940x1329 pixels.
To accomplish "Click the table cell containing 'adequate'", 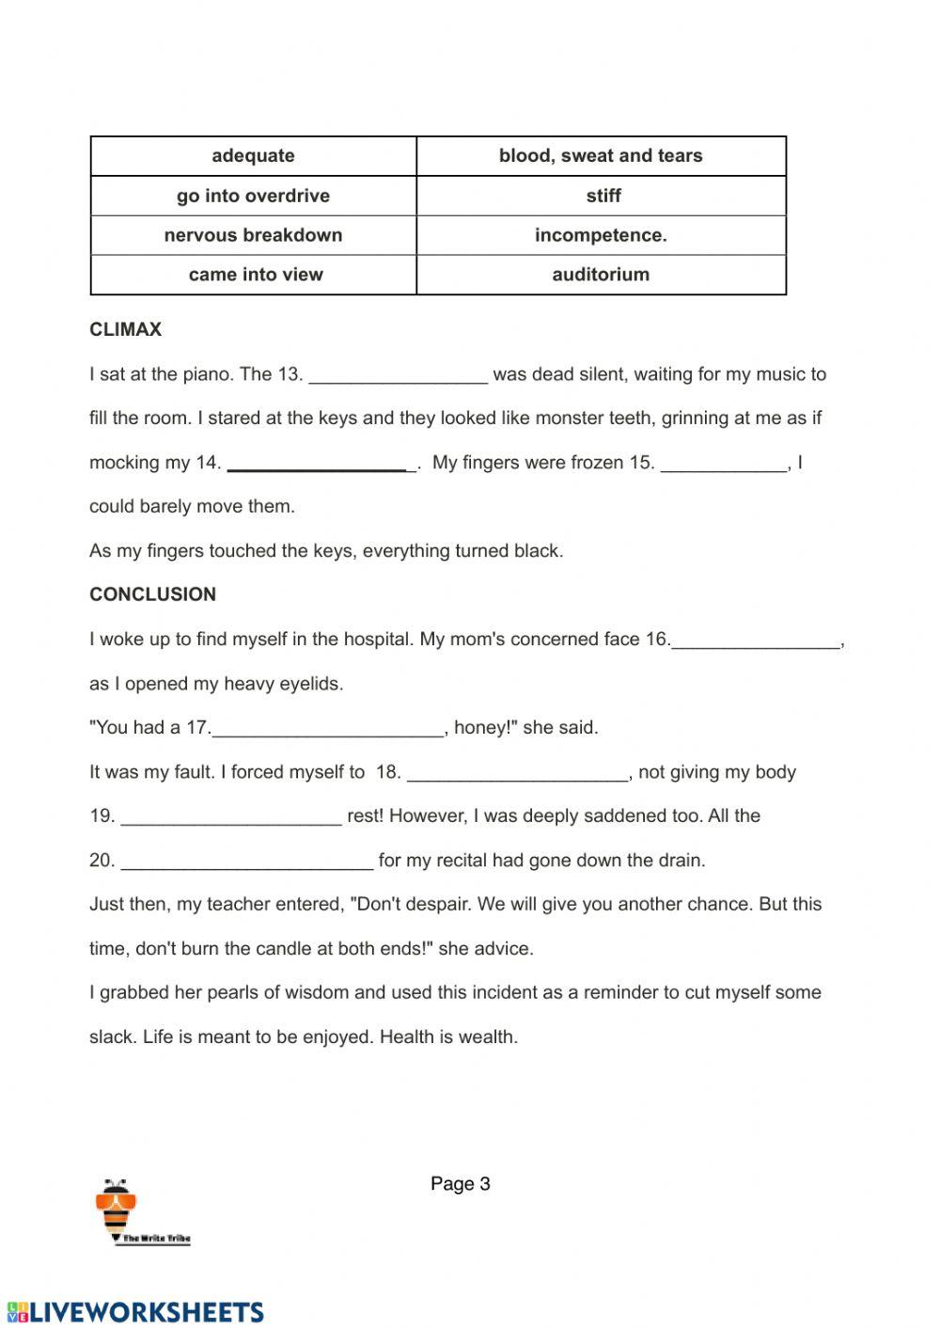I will [x=253, y=156].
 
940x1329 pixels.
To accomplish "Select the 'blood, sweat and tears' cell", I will [x=601, y=156].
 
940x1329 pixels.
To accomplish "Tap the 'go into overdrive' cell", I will [x=253, y=196].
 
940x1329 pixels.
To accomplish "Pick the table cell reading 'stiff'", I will [x=601, y=196].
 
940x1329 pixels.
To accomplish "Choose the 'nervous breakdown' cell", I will [x=253, y=235].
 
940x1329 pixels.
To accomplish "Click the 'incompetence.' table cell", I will [x=601, y=235].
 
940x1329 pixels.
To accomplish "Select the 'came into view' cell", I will [x=253, y=275].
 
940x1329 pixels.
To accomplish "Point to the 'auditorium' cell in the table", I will [x=601, y=275].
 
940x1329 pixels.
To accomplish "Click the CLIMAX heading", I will [x=125, y=329].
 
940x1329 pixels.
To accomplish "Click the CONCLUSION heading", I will [x=152, y=594].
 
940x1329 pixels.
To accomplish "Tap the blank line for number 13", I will [x=399, y=375].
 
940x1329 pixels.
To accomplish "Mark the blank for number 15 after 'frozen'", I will [x=724, y=464].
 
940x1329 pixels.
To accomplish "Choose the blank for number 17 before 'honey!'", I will [x=327, y=729].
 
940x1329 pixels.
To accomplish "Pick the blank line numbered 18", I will [x=518, y=773].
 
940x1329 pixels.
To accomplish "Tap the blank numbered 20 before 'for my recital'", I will [x=247, y=862].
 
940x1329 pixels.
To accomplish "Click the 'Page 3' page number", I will [x=461, y=1184].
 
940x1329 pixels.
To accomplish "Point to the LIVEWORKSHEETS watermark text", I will [x=133, y=1312].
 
